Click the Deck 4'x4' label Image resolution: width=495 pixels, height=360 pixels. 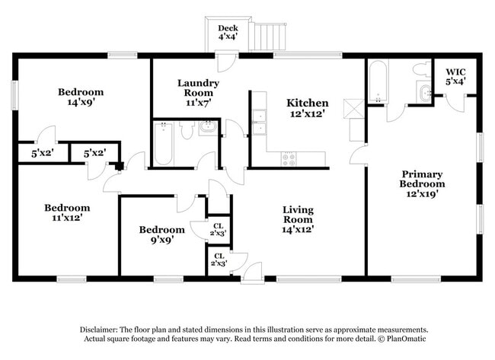point(228,33)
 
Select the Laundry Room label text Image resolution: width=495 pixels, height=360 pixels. point(198,88)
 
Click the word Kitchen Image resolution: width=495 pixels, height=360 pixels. point(307,103)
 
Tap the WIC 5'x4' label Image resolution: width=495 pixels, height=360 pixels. point(455,76)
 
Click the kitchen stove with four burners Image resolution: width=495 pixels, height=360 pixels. point(289,158)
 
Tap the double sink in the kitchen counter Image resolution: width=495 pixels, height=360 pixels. point(259,121)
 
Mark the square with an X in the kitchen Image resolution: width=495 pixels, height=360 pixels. point(353,107)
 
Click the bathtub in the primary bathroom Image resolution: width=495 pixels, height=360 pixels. point(377,81)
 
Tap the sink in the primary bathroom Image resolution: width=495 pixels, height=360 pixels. point(423,94)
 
